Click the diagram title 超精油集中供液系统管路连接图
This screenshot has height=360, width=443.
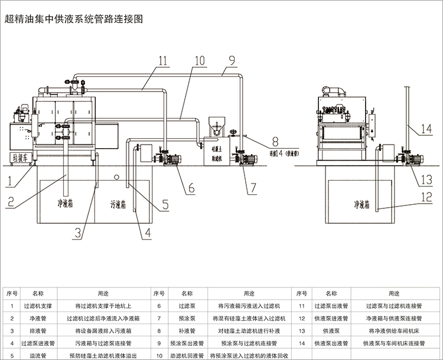74,18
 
